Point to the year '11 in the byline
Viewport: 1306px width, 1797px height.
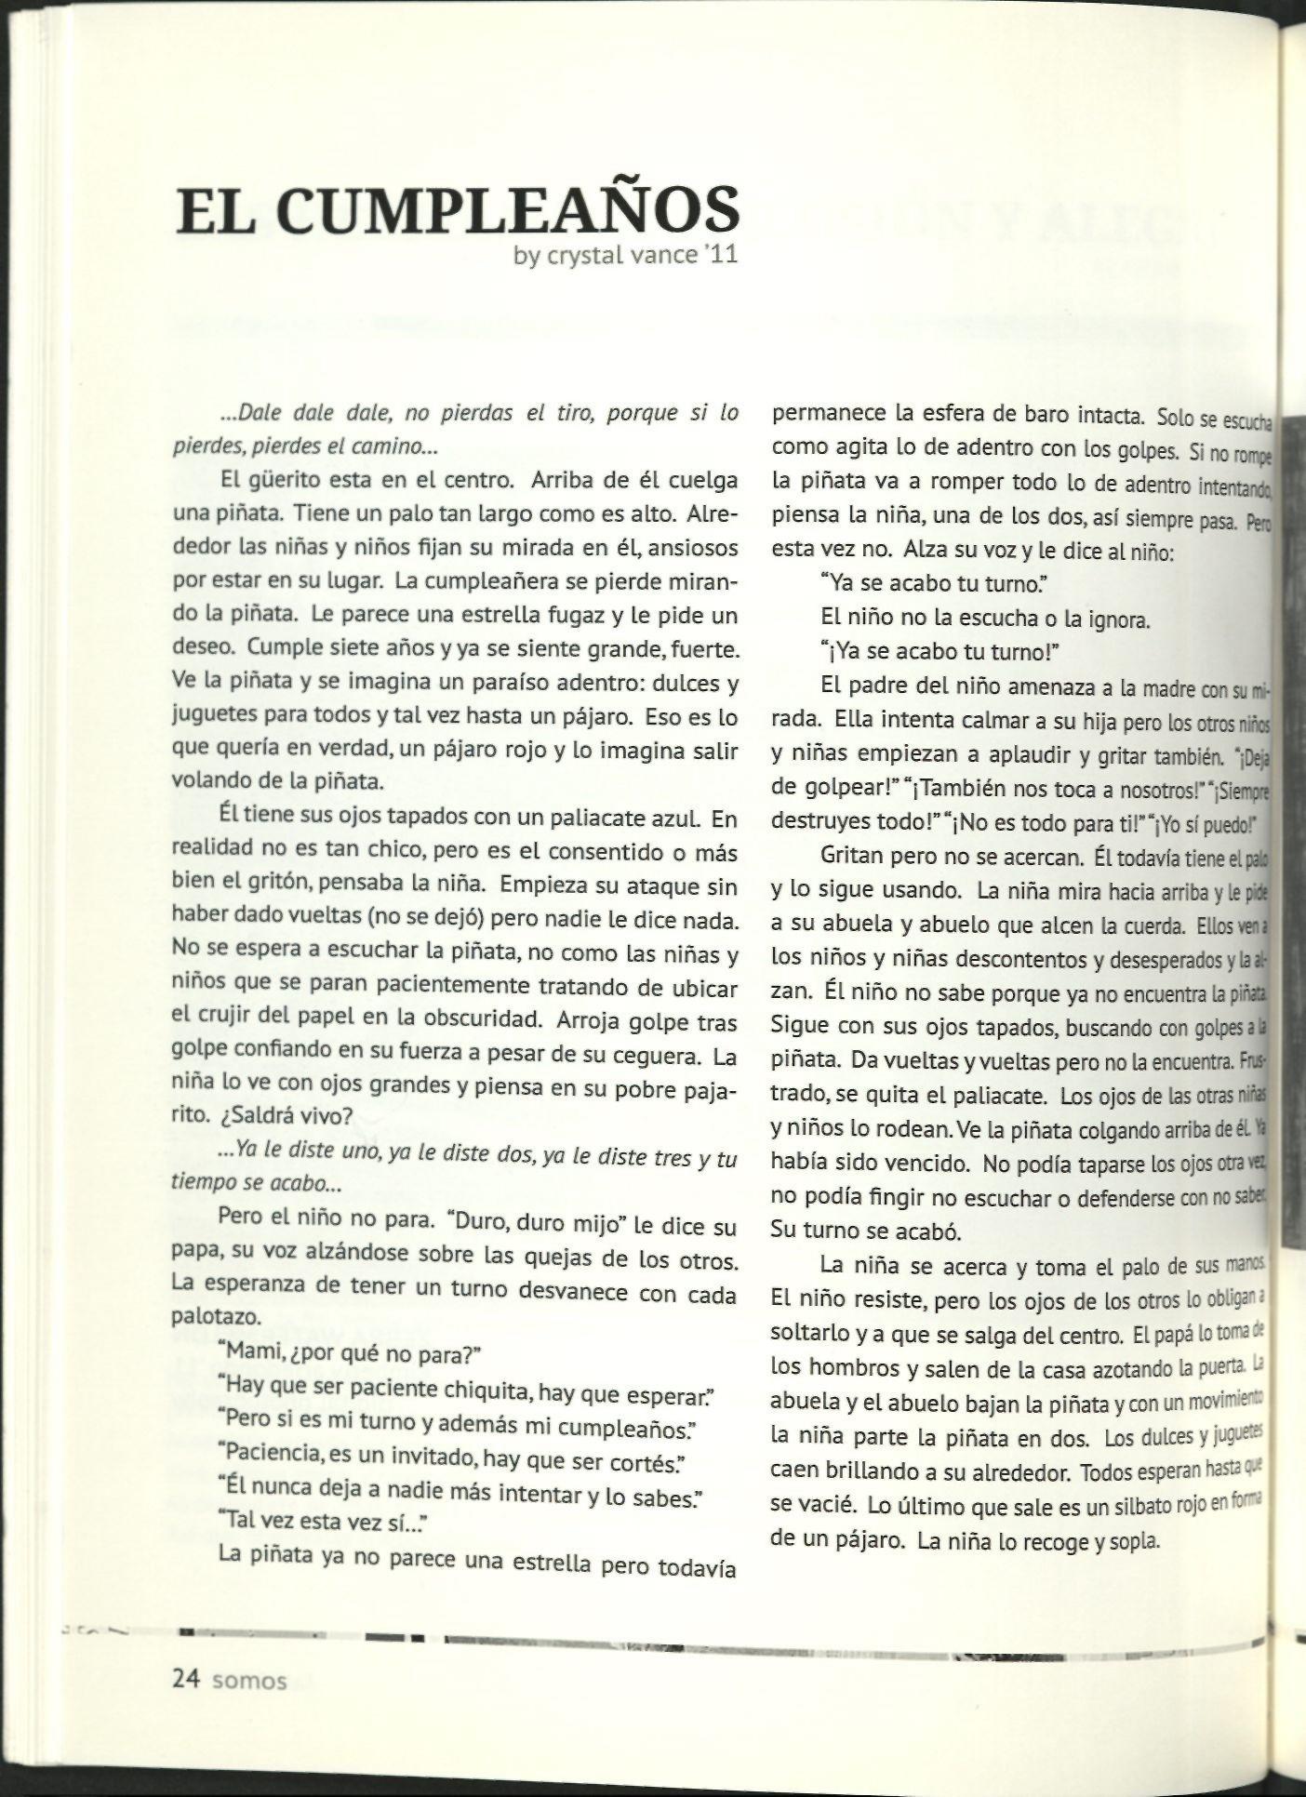point(720,255)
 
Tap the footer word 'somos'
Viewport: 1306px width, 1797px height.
point(250,1682)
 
